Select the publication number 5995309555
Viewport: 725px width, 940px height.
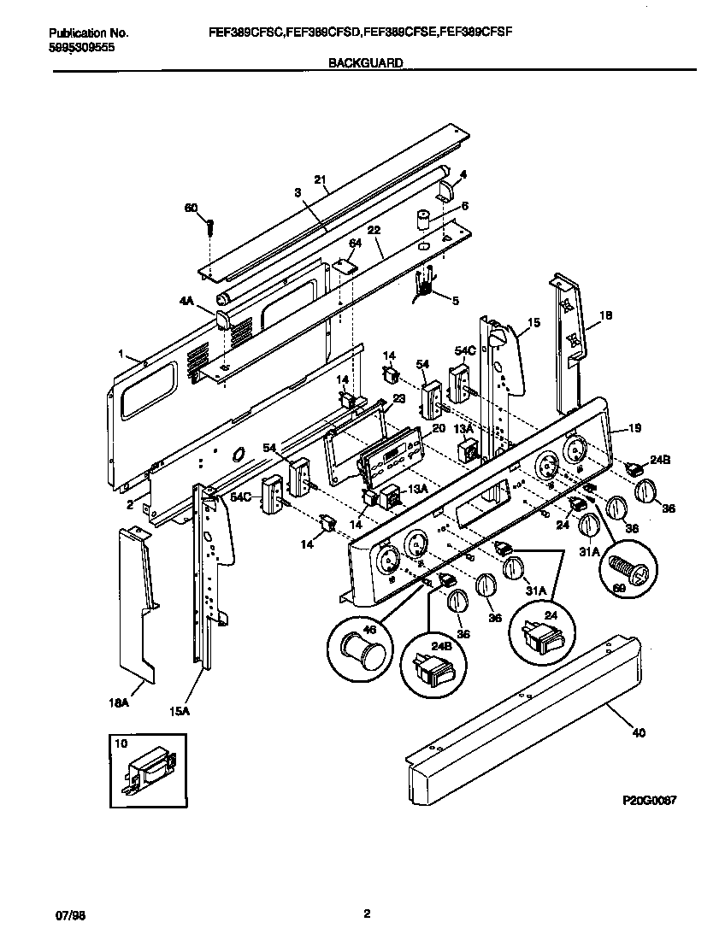[82, 47]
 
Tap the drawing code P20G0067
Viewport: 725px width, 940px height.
[649, 803]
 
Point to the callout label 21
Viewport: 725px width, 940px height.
[320, 180]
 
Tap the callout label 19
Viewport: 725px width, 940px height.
[634, 427]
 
